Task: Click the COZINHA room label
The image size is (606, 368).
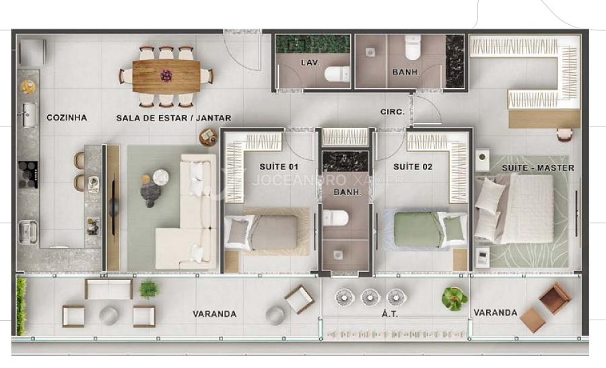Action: (x=67, y=117)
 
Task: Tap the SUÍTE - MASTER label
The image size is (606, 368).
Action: (x=538, y=168)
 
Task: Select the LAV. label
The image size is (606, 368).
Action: (x=310, y=63)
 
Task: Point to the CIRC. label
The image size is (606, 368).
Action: (x=393, y=112)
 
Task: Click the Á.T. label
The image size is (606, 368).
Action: (x=390, y=314)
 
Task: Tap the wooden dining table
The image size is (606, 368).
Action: (x=166, y=76)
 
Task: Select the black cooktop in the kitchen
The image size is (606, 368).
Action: (x=28, y=174)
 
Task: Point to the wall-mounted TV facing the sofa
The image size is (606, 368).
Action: (x=114, y=207)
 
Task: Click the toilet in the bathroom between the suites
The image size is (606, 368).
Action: (x=335, y=218)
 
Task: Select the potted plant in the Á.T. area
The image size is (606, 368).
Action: (x=455, y=299)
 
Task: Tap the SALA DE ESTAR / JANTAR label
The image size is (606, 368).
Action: (x=174, y=118)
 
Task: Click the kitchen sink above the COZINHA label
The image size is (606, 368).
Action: (x=30, y=115)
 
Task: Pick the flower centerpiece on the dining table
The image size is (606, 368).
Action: (x=166, y=75)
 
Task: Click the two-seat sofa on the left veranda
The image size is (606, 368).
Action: (x=108, y=289)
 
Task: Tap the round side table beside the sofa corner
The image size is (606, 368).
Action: (x=208, y=137)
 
